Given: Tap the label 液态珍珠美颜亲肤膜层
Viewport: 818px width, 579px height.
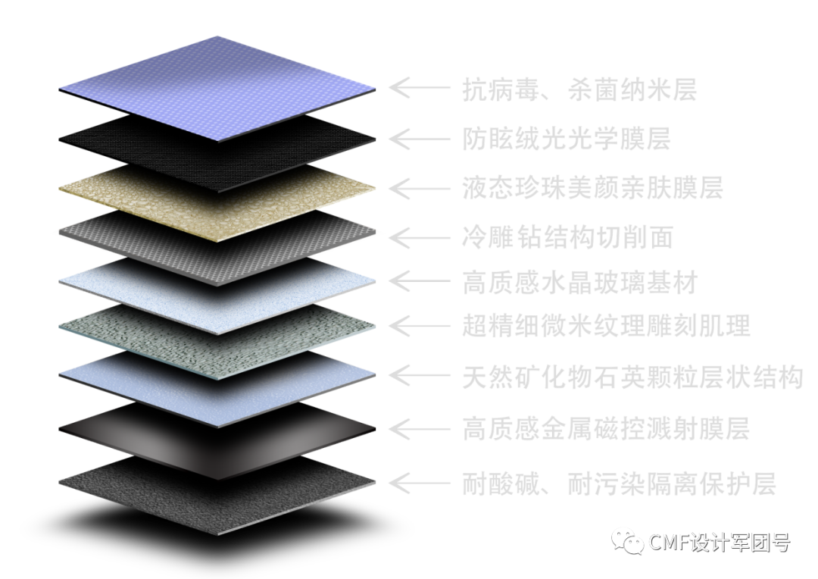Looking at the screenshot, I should coord(592,187).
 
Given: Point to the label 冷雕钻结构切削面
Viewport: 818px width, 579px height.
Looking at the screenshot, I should coord(567,237).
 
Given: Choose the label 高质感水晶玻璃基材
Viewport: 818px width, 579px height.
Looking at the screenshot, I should coord(579,283).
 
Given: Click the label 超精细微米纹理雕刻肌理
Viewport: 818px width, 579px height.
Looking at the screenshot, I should coord(606,327).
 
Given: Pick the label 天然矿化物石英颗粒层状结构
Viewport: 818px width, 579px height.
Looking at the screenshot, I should coord(632,377).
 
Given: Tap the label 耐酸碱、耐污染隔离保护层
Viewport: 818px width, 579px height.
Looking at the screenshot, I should coord(619,483).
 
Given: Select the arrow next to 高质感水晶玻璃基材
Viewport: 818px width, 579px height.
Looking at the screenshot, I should coord(419,282).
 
